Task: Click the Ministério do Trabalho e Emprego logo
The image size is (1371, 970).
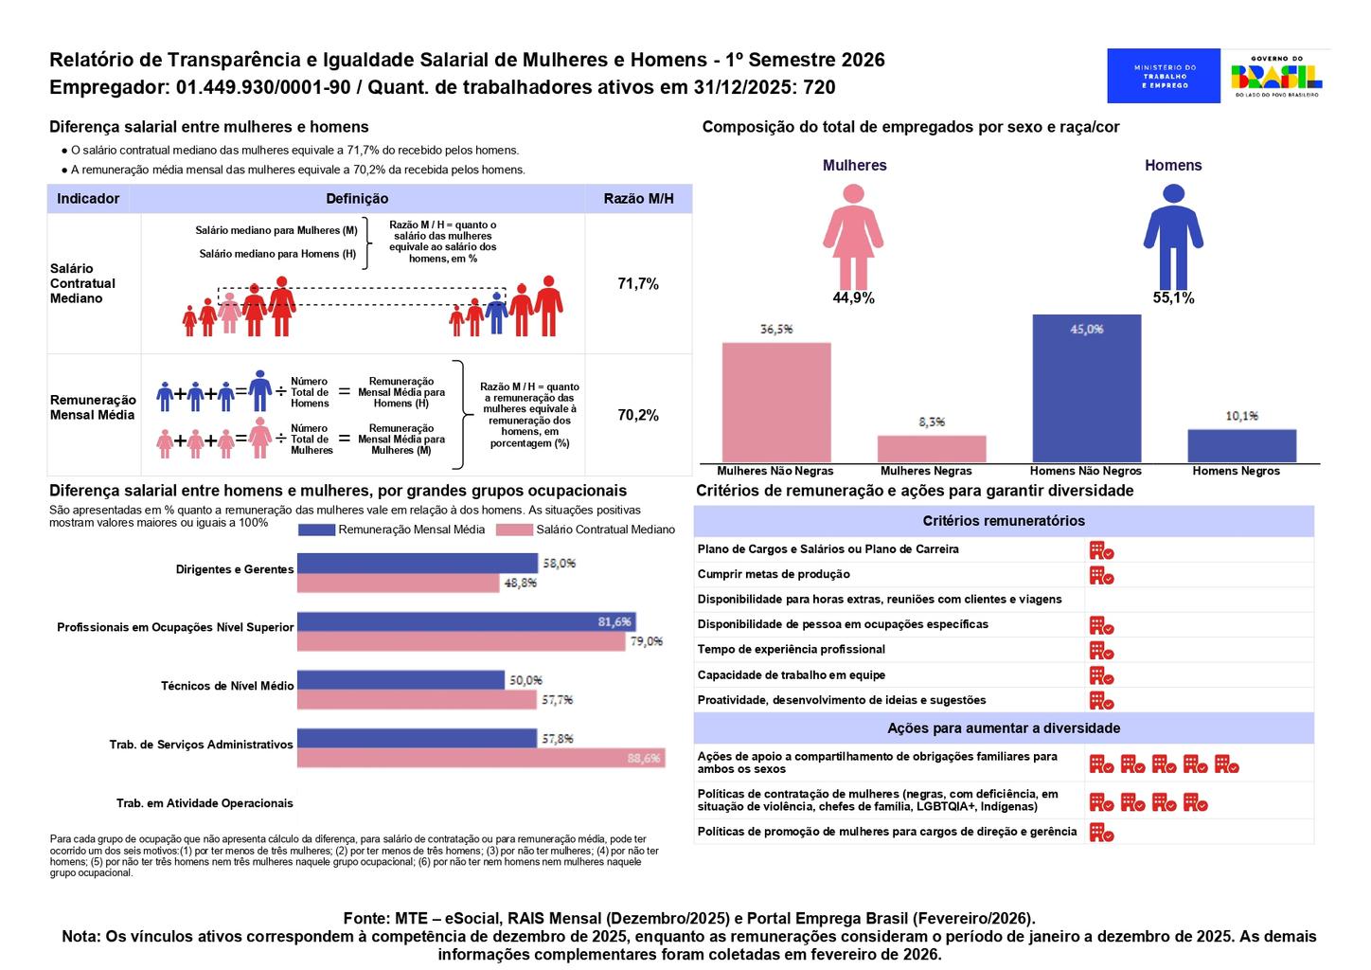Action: [x=1164, y=76]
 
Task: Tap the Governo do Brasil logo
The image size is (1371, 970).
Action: [x=1275, y=76]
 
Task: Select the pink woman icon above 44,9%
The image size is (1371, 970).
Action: [x=853, y=236]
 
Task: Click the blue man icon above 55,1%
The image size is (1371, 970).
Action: [x=1173, y=236]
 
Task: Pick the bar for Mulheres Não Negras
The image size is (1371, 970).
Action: [x=776, y=402]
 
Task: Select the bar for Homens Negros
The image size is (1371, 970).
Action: [x=1241, y=445]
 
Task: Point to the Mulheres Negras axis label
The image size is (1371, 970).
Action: [x=925, y=471]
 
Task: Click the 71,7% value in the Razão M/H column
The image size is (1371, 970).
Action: [x=638, y=284]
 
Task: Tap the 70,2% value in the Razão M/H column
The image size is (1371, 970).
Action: [x=638, y=415]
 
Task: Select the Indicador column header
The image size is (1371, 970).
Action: [x=88, y=199]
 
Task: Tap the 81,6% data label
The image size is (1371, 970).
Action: [x=614, y=622]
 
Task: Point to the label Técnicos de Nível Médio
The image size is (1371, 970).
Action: [x=227, y=686]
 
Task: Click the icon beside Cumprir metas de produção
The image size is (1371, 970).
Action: [x=1101, y=575]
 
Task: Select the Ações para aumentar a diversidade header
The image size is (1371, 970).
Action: [x=1004, y=728]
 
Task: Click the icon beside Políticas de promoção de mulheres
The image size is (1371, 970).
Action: [x=1101, y=833]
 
